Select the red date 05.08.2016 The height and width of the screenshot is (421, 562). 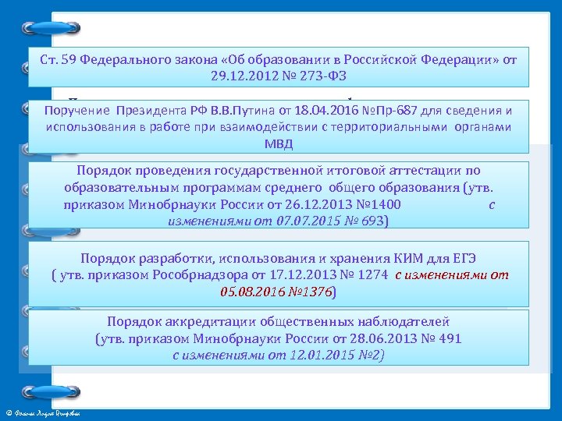[251, 292]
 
